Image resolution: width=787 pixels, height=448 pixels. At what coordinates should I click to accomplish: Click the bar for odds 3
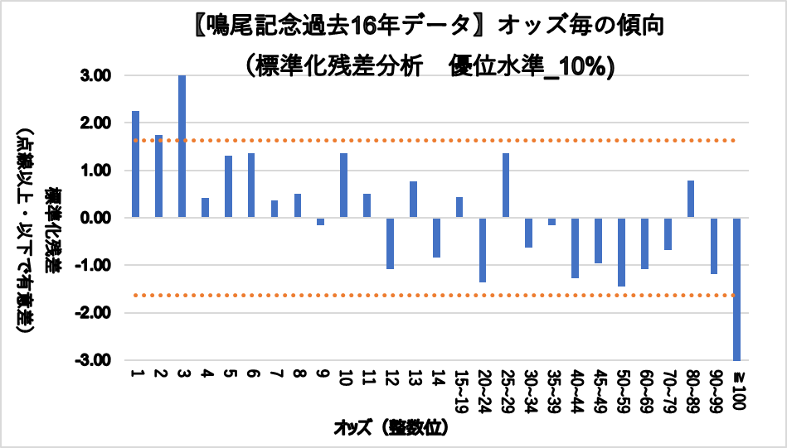point(182,147)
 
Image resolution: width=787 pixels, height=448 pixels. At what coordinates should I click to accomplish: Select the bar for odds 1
point(135,164)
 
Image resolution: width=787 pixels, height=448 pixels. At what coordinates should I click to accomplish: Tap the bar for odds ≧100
point(736,289)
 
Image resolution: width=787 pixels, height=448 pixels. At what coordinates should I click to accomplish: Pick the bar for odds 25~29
point(505,185)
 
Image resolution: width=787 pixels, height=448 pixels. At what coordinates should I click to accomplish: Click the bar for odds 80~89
point(691,199)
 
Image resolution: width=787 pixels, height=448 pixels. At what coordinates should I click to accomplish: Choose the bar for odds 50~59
point(621,252)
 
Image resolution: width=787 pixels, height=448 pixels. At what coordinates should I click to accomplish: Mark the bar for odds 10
point(343,185)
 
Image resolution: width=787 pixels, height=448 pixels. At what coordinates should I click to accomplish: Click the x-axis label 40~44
point(576,390)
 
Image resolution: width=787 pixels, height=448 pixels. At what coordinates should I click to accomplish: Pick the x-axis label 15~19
point(459,390)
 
